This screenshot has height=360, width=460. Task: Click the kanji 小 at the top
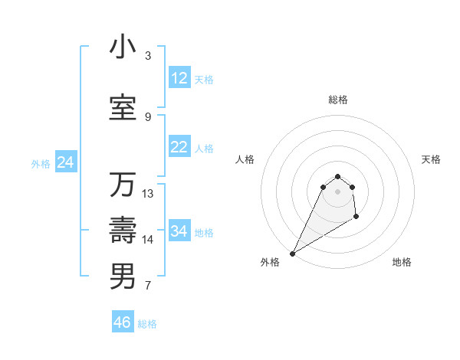coord(123,47)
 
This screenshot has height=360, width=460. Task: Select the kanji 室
coord(123,107)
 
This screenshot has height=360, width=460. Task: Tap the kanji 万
coord(123,185)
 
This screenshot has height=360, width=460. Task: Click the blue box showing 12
coord(179,78)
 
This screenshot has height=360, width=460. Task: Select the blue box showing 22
coord(179,147)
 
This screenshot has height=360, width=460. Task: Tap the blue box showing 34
coord(179,231)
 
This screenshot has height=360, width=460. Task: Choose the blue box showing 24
coord(65,162)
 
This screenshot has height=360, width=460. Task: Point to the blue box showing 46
coord(123,322)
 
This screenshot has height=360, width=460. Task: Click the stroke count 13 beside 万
coord(148,194)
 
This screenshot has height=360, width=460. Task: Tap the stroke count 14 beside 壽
coord(148,240)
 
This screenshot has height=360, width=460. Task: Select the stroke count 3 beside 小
coord(148,56)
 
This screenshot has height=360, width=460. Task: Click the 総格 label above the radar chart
coord(338,100)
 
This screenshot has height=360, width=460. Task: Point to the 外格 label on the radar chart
coord(270,263)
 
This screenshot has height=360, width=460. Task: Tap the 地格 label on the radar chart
coord(402,263)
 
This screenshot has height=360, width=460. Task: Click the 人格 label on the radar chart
coord(245,159)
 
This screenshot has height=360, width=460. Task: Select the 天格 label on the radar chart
coord(431,159)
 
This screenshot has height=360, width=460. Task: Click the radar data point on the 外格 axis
coord(292,253)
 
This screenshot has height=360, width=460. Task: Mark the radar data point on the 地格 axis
coord(356,218)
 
